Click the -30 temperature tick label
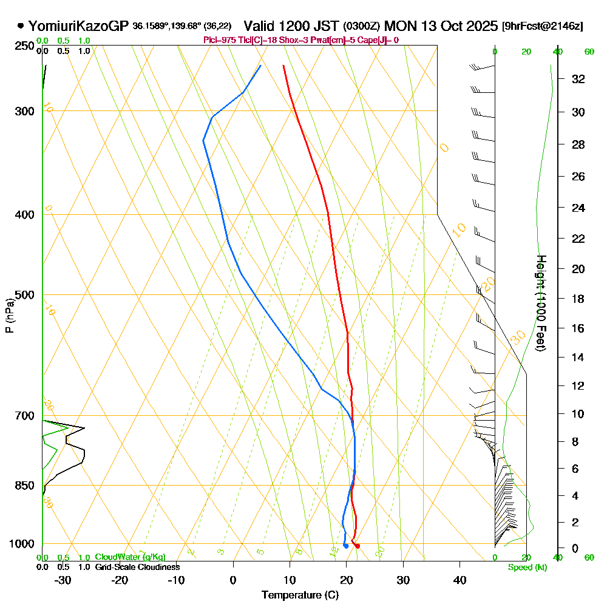63,580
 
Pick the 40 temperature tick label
459,580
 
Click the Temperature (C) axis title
300,595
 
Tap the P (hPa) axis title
9,316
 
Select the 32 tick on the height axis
578,79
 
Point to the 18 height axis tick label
578,299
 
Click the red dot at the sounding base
357,546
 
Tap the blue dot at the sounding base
345,546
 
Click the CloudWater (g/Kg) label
130,557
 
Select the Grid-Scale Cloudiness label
137,567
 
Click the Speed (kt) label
526,567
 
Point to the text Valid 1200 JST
291,26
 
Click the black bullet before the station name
21,26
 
